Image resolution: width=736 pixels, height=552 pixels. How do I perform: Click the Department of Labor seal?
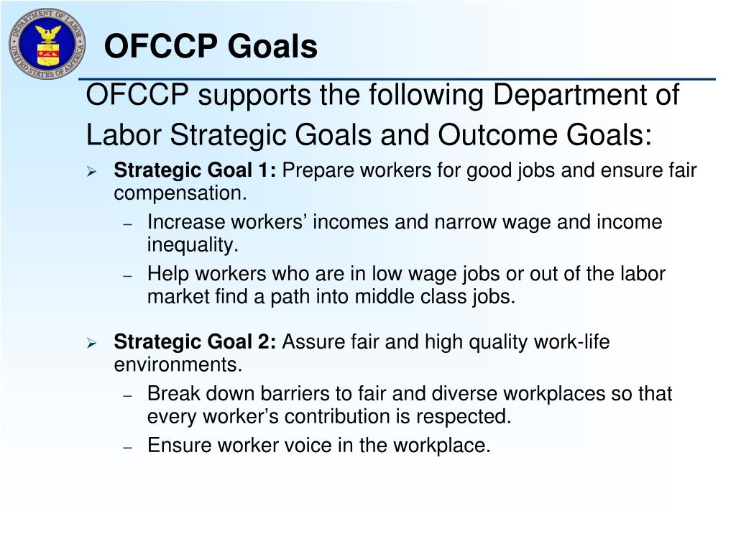(47, 44)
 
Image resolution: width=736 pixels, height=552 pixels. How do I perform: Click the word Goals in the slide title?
(273, 47)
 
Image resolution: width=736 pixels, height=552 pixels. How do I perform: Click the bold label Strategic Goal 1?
(195, 171)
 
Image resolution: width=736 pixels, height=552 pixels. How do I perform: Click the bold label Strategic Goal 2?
(195, 342)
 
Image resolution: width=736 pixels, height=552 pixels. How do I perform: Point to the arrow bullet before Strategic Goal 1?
(91, 172)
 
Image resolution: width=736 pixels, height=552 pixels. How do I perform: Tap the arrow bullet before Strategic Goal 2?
(91, 343)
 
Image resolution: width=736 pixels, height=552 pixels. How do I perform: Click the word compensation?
(180, 193)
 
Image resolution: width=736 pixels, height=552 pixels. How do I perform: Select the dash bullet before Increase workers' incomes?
(127, 224)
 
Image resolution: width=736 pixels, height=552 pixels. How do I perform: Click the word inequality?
(192, 245)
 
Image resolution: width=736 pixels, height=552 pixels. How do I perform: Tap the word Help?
(166, 274)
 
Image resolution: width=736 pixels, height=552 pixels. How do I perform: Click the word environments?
(178, 364)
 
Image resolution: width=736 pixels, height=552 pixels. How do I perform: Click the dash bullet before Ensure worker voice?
(127, 447)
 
